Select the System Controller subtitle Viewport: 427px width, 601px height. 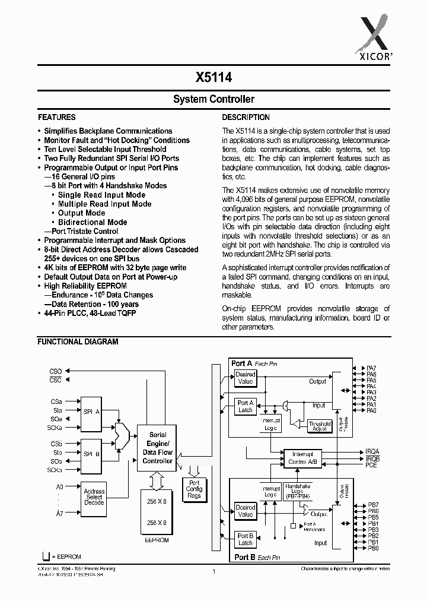pyautogui.click(x=213, y=99)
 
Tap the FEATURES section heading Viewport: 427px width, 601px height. pyautogui.click(x=57, y=118)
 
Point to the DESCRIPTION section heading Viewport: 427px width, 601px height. pyautogui.click(x=246, y=118)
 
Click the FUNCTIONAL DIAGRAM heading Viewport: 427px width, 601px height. pyautogui.click(x=78, y=341)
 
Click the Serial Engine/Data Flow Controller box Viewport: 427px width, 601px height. pyautogui.click(x=157, y=448)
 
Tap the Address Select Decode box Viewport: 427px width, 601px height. pyautogui.click(x=94, y=497)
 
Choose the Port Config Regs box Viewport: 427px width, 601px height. pyautogui.click(x=194, y=489)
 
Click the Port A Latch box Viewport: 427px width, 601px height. pyautogui.click(x=246, y=406)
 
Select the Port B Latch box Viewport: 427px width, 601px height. pyautogui.click(x=246, y=539)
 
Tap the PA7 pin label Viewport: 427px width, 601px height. pyautogui.click(x=371, y=369)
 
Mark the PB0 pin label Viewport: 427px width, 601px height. pyautogui.click(x=372, y=548)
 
